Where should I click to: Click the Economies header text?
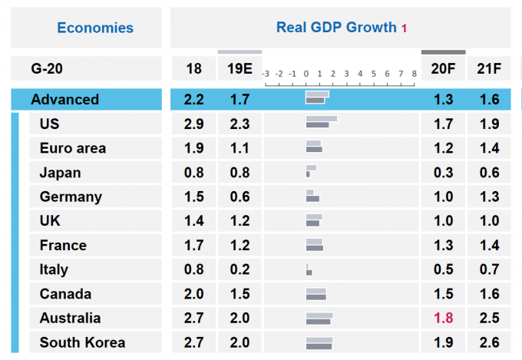pyautogui.click(x=95, y=28)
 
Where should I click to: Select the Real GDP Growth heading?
pyautogui.click(x=336, y=28)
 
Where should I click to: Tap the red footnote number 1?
pyautogui.click(x=404, y=28)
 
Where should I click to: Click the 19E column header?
pyautogui.click(x=240, y=68)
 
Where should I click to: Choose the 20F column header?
pyautogui.click(x=443, y=68)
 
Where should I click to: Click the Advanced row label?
pyautogui.click(x=64, y=99)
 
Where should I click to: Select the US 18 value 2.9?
pyautogui.click(x=193, y=124)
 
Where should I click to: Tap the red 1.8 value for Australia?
pyautogui.click(x=443, y=318)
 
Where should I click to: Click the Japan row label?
pyautogui.click(x=60, y=173)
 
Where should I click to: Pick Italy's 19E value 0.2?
pyautogui.click(x=240, y=269)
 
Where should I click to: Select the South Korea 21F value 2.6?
pyautogui.click(x=488, y=342)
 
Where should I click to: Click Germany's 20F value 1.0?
pyautogui.click(x=443, y=197)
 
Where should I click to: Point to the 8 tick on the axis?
pyautogui.click(x=414, y=74)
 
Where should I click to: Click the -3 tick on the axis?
pyautogui.click(x=266, y=74)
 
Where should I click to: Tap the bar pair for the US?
pyautogui.click(x=321, y=123)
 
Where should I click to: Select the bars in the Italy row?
pyautogui.click(x=308, y=269)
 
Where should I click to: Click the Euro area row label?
pyautogui.click(x=73, y=148)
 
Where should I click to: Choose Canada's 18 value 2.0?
pyautogui.click(x=193, y=294)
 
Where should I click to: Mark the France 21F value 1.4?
pyautogui.click(x=488, y=246)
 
